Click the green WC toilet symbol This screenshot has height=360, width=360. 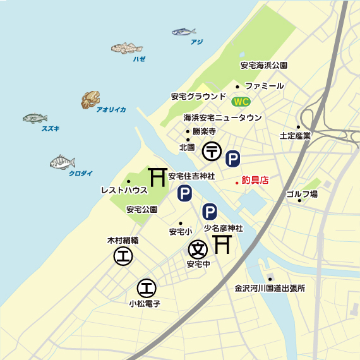click(241, 102)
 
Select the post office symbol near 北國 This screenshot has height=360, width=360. click(211, 152)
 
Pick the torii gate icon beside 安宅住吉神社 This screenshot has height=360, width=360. click(157, 177)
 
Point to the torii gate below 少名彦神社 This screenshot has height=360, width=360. click(222, 243)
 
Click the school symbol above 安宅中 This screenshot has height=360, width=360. click(198, 248)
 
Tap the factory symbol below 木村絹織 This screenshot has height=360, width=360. click(123, 256)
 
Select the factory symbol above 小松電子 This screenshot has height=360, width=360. click(147, 288)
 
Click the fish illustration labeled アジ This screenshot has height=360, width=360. click(183, 31)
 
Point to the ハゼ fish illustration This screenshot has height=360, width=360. click(127, 48)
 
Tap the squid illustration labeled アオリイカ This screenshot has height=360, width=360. click(90, 99)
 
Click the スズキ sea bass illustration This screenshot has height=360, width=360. click(35, 118)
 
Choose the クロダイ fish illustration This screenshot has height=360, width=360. click(62, 162)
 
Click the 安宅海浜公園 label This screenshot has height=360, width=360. click(264, 65)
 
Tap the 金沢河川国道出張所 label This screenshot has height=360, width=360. click(270, 289)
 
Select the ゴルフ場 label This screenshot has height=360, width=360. click(301, 193)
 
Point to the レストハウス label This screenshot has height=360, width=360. click(124, 189)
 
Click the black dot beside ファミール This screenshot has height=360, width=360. click(237, 86)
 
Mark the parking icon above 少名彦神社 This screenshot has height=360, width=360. click(210, 211)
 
